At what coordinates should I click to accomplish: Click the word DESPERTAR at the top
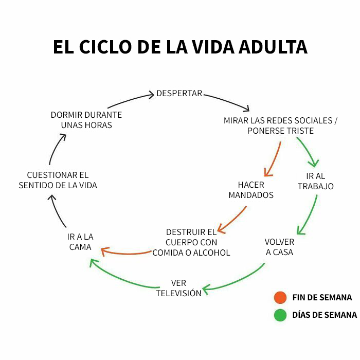pos(179,94)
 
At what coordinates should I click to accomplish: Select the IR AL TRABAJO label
pos(315,181)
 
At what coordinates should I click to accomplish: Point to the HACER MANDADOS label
pos(251,190)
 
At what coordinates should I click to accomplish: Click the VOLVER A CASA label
pos(279,247)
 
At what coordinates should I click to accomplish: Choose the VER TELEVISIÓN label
pos(178,288)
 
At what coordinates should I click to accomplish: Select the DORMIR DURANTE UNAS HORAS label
pos(86,120)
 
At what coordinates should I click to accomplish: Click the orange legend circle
pos(280,298)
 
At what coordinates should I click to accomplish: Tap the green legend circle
pos(280,315)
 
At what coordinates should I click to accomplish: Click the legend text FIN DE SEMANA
pos(322,298)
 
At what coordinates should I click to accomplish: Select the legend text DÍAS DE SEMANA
pos(324,315)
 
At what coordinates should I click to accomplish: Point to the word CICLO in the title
pos(104,47)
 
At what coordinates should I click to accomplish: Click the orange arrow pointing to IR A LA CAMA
pos(126,253)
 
